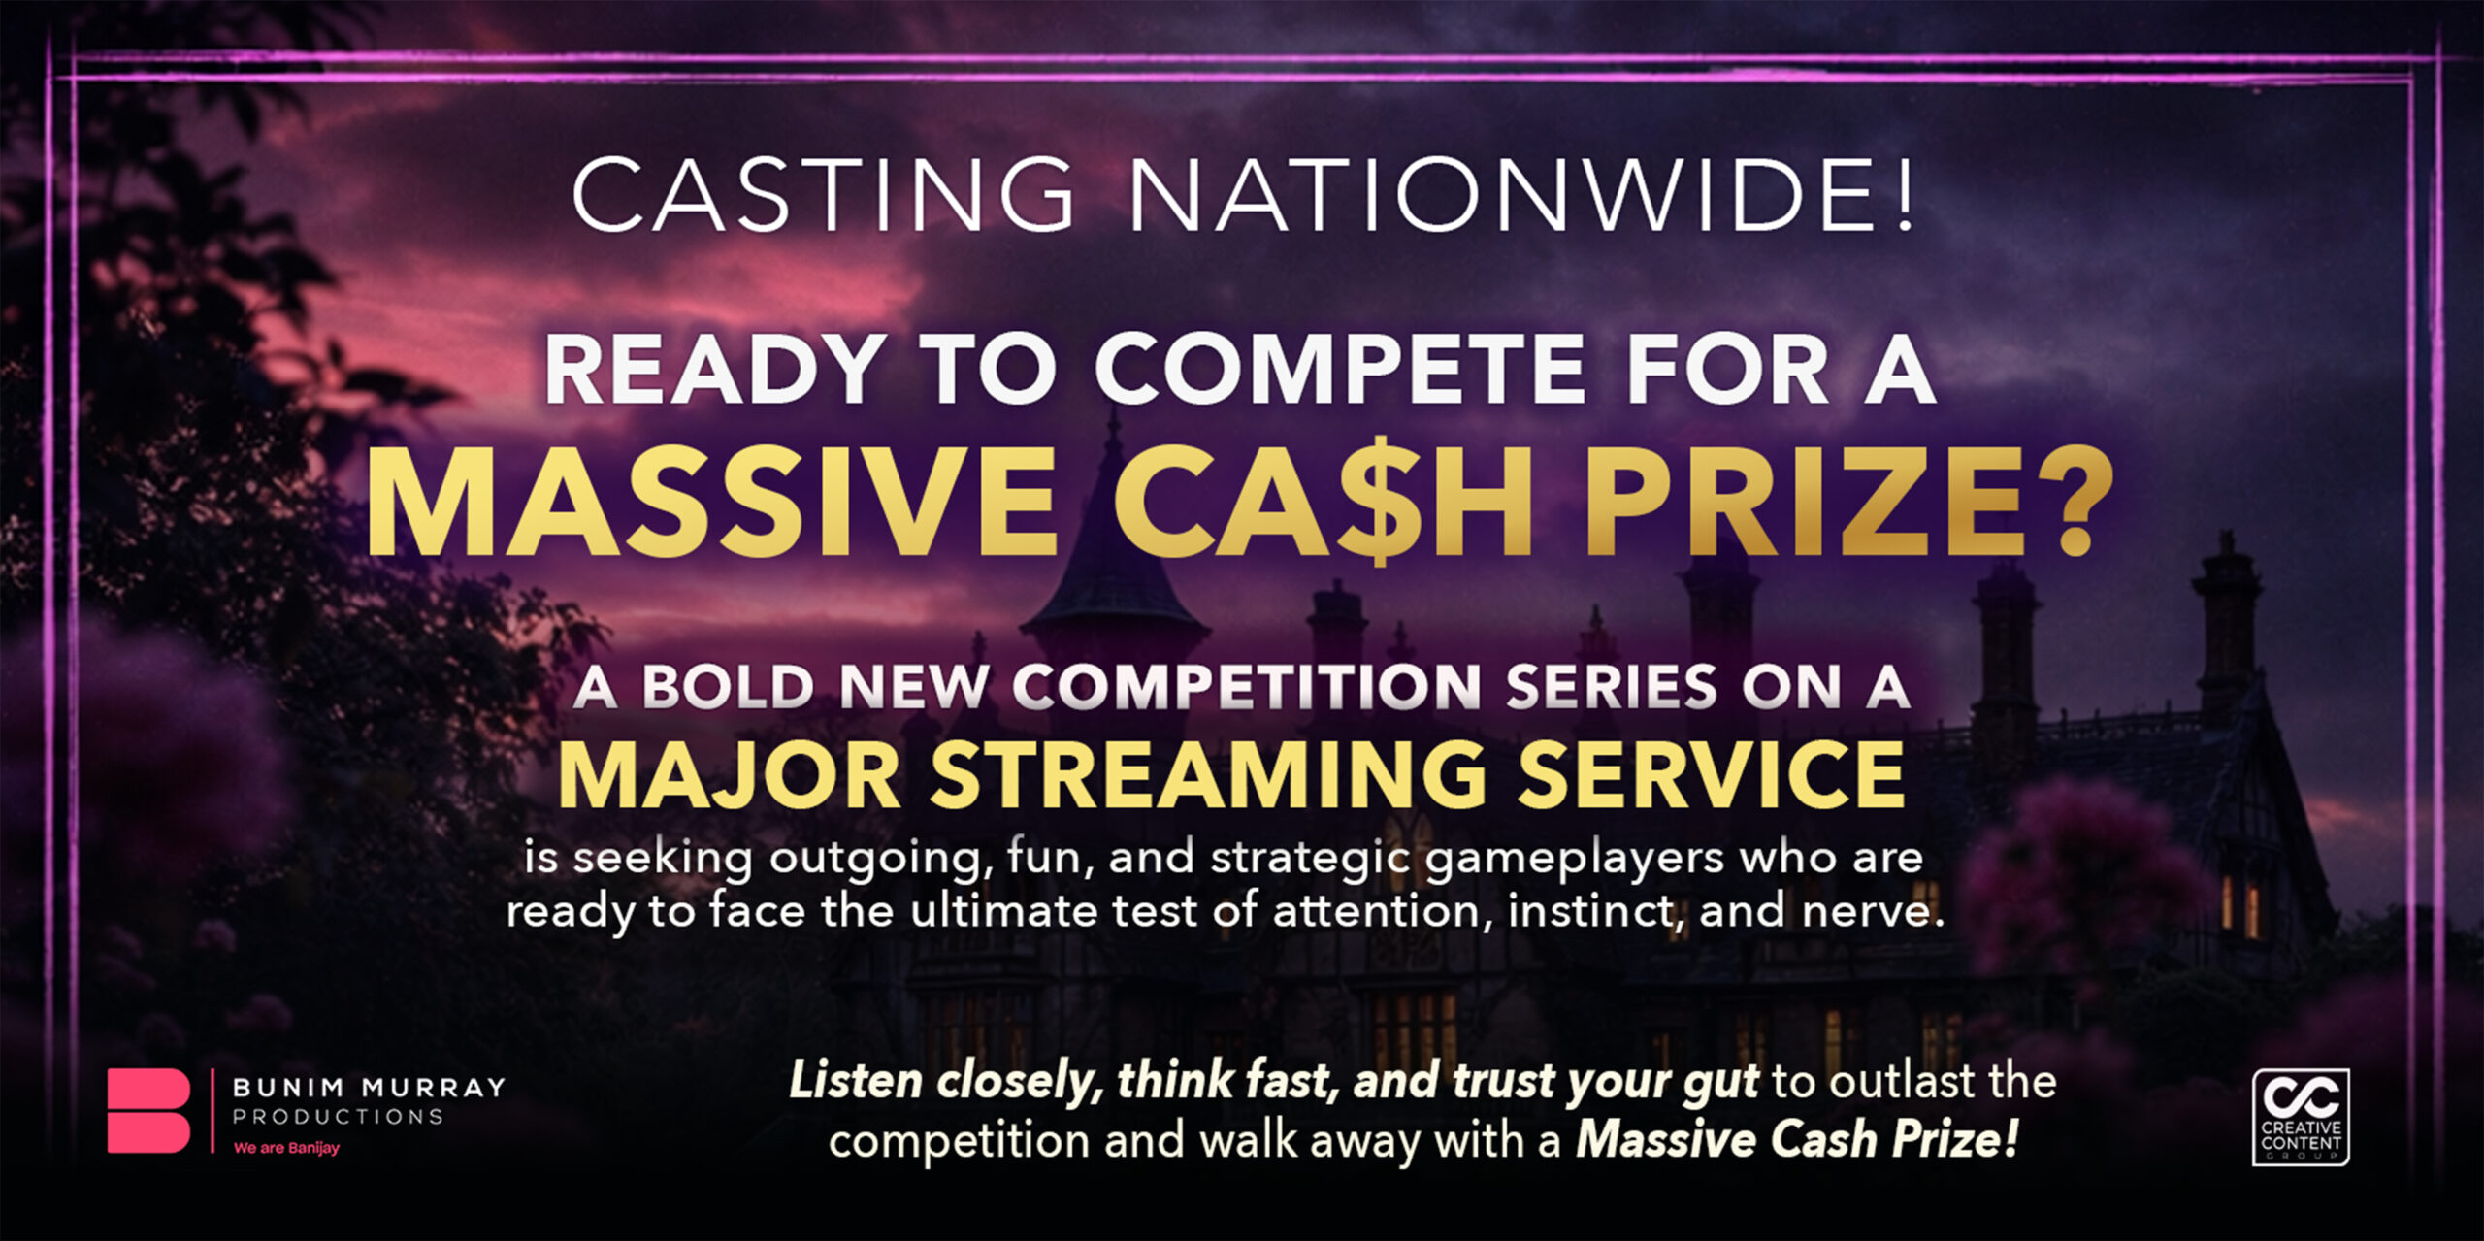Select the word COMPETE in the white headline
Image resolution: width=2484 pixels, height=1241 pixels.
[x=1340, y=370]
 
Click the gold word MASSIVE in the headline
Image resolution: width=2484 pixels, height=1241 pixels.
[x=711, y=501]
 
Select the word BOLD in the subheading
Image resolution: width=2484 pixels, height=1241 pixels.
[x=728, y=687]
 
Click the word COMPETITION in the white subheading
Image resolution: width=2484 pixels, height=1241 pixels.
[x=1246, y=687]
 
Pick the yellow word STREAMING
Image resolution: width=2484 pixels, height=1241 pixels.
[x=1209, y=776]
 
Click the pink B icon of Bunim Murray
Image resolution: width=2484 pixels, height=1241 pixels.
[x=148, y=1111]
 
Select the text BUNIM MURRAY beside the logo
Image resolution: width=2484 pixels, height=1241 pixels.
[x=369, y=1087]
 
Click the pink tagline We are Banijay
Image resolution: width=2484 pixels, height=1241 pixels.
[x=286, y=1148]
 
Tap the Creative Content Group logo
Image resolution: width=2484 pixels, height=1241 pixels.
[x=2301, y=1117]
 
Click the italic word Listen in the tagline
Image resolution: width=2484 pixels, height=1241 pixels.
[x=855, y=1081]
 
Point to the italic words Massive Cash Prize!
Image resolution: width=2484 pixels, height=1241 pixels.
[x=1798, y=1139]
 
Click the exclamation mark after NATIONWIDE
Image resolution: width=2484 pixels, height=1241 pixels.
[x=1905, y=194]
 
